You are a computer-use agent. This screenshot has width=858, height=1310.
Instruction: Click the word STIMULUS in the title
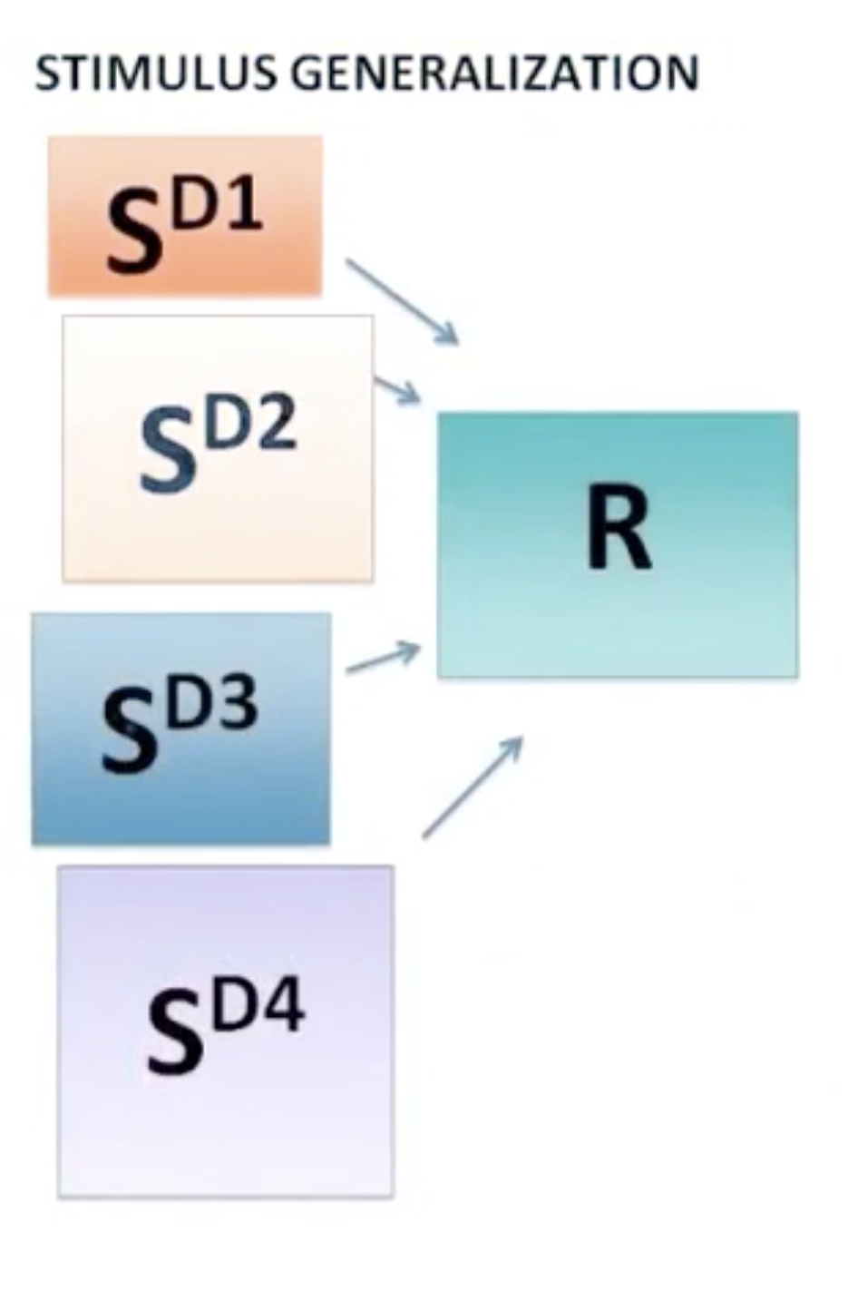coord(155,73)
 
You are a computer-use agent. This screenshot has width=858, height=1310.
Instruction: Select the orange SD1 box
coord(185,216)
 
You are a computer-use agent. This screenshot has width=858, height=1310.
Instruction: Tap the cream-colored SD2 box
coord(218,448)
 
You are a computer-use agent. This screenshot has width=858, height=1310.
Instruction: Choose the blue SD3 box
coord(180,728)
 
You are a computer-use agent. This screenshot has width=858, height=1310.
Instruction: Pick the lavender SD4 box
coord(225,1031)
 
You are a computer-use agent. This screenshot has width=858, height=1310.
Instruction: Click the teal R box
coord(618,544)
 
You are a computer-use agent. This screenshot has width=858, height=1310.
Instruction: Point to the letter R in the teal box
coord(618,526)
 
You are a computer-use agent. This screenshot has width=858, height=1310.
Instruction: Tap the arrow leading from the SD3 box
coord(384,658)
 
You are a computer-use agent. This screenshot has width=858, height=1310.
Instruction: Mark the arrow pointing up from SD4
coord(473,787)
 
